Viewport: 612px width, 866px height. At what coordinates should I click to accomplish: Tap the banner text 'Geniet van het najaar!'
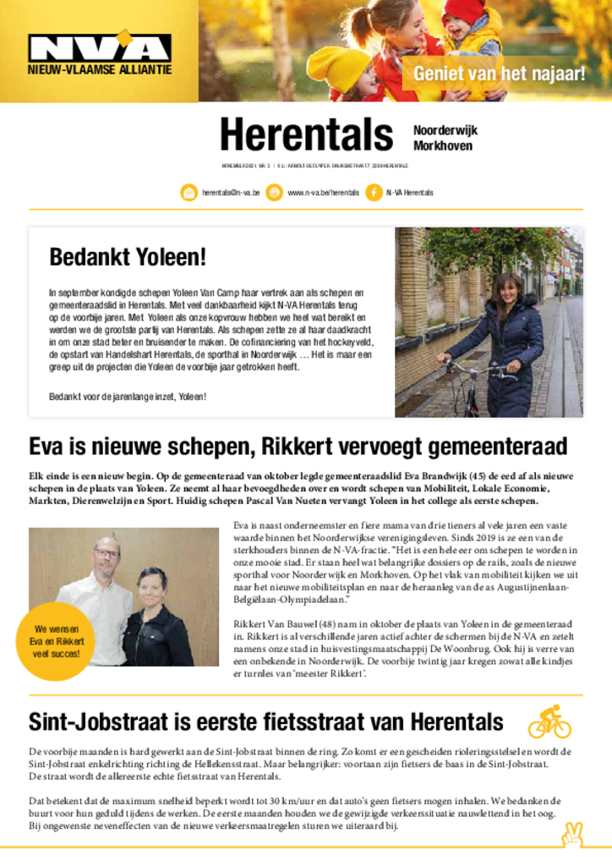pos(499,74)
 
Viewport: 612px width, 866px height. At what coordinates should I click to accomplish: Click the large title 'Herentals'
pos(306,135)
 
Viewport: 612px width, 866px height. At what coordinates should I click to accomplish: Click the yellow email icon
pos(189,193)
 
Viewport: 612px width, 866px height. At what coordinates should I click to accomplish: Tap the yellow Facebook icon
pos(374,193)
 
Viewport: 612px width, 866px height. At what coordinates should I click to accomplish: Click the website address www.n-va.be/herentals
pos(323,193)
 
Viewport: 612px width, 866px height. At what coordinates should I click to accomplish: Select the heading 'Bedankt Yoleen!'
pos(128,256)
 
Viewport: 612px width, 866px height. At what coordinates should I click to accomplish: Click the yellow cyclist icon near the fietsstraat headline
pos(549,721)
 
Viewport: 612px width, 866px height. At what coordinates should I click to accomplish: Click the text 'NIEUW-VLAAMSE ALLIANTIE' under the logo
pos(100,69)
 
